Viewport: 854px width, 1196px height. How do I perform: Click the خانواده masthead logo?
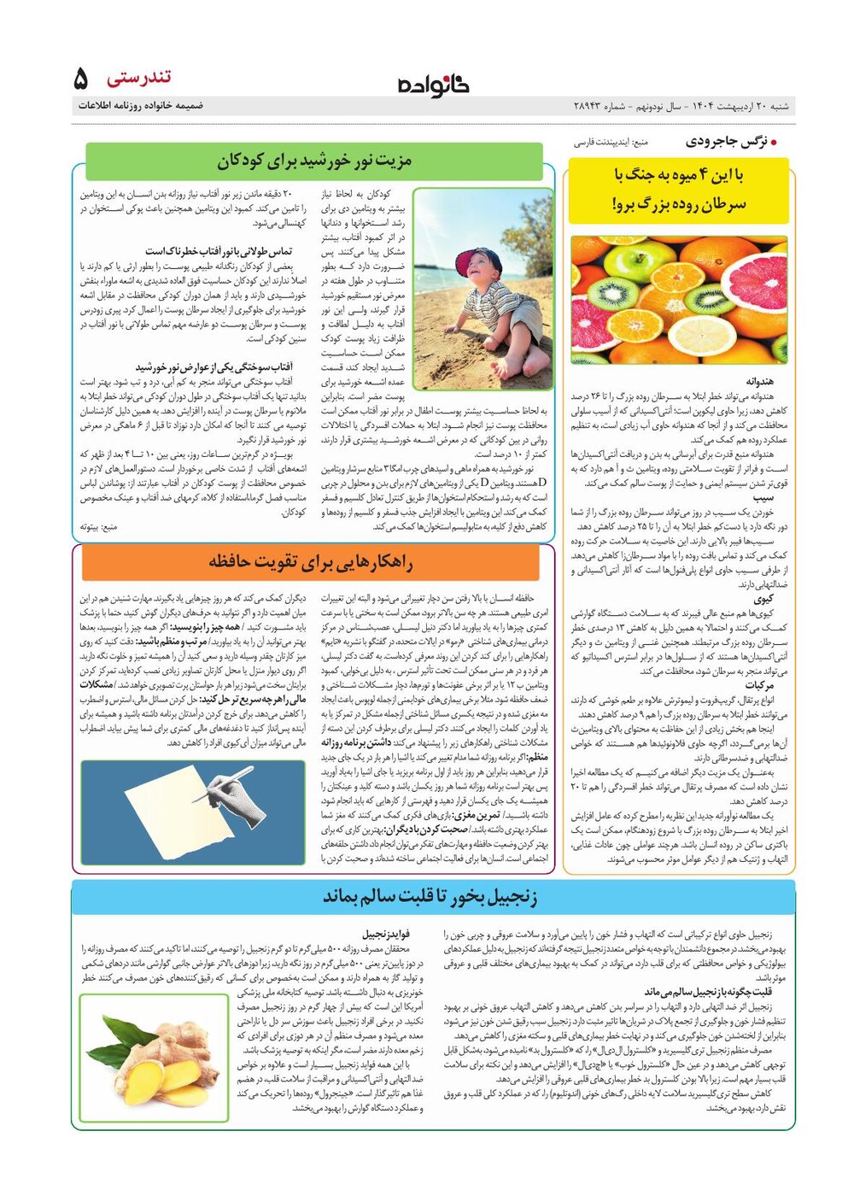pos(433,85)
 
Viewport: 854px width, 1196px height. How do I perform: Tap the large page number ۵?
pos(81,79)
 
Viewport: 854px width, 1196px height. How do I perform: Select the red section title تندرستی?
pos(139,79)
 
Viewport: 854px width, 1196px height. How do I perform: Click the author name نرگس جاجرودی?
pos(728,142)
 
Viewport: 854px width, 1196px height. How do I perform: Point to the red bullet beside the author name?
pos(774,143)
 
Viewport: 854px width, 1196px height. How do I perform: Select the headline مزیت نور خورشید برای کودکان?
pos(313,161)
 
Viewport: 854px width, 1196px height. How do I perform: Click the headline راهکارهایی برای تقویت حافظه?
pos(310,561)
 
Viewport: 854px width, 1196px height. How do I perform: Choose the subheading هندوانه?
pos(760,381)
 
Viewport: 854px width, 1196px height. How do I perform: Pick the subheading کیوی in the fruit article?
pos(763,599)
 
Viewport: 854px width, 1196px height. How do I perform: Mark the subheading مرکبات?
pos(759,685)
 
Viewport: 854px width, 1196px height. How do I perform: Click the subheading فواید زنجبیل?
pos(386,935)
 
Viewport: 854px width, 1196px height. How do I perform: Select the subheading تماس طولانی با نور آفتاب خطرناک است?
pos(219,251)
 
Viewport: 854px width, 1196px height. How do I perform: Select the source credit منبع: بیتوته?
pos(98,527)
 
